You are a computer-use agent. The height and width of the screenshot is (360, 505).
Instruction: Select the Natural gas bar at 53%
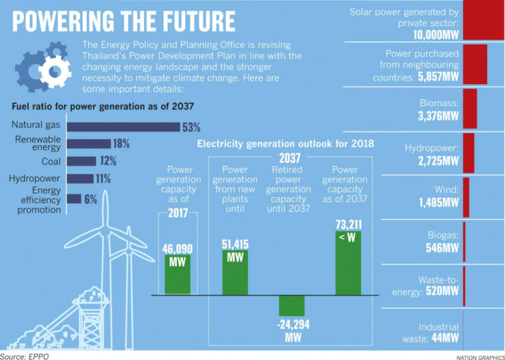click(124, 126)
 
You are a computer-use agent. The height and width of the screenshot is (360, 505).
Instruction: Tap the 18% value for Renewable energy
click(121, 143)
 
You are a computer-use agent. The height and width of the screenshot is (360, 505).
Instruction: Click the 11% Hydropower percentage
click(103, 179)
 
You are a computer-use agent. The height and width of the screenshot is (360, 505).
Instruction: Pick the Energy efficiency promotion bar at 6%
click(74, 198)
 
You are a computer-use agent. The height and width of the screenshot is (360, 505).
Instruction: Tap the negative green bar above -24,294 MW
click(291, 306)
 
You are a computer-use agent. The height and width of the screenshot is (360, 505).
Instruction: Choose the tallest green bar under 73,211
click(348, 260)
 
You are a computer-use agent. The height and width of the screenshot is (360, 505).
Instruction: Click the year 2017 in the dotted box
click(177, 214)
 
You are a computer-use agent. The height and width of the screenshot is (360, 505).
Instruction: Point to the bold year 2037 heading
click(290, 158)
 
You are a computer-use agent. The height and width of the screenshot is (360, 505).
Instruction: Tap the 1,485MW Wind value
click(439, 202)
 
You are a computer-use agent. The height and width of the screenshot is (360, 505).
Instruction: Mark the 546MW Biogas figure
click(442, 248)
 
